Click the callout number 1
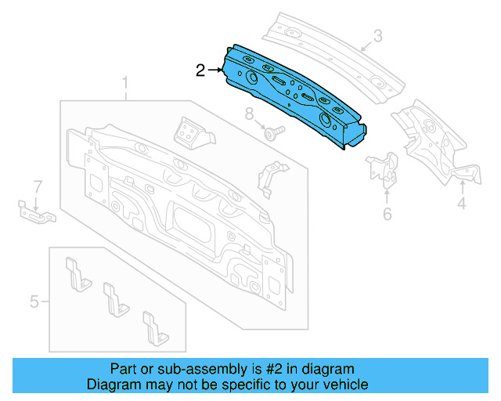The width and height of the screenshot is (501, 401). pos(124,84)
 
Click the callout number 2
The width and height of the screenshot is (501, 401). pos(200,71)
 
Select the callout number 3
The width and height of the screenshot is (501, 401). pos(377,35)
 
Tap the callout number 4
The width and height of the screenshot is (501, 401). pos(462,204)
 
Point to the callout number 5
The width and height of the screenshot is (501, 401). pos(34,300)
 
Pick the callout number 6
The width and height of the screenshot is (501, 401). pos(387,214)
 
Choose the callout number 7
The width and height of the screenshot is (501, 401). pos(36,186)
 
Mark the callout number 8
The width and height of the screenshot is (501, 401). pos(250,114)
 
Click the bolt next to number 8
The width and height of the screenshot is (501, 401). pos(272,133)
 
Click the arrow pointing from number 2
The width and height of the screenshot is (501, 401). pos(215,71)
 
